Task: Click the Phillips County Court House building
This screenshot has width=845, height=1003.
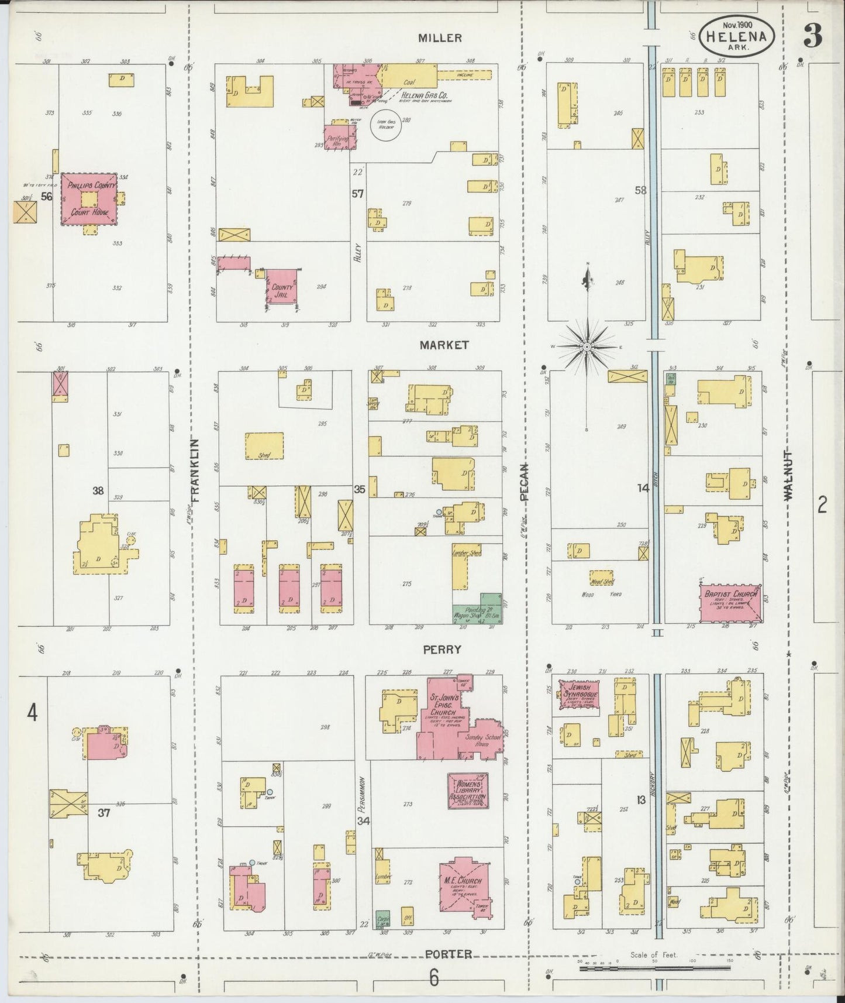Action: coord(89,199)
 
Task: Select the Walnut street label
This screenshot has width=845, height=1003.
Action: coord(788,475)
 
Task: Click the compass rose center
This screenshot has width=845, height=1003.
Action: coord(587,347)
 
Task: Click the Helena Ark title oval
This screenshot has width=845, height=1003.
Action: coord(737,35)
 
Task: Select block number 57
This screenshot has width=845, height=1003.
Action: coord(358,194)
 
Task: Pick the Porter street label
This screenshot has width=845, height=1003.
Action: coord(448,954)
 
